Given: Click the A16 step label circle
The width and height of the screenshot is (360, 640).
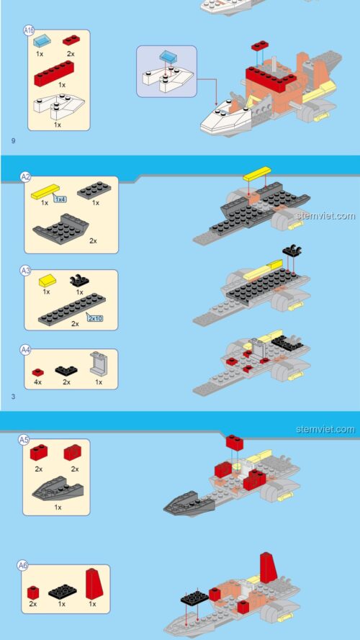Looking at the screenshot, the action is coord(29,30).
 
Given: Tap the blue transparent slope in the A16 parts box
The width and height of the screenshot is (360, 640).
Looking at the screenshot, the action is coord(40,41).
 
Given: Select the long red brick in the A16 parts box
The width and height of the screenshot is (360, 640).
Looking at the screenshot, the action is coord(54,73).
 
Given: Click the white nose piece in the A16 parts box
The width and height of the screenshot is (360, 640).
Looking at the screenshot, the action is coord(58,106).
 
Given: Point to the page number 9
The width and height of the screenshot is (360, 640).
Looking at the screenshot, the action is coord(13,141).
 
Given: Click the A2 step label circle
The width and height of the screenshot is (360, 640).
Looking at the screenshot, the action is coord(26,176).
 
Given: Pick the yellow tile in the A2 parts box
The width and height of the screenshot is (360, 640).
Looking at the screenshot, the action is coord(45,191).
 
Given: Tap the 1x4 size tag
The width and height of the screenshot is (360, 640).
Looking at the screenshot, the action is coord(60,199).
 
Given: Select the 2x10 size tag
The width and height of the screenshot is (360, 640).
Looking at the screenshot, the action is coord(94,317).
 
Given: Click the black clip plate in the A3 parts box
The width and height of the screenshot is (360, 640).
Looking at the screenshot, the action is coord(79,281).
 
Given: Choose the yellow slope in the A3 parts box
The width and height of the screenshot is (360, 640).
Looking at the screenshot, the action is coord(48,281).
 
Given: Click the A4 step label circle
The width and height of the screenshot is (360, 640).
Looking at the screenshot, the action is coord(26,350).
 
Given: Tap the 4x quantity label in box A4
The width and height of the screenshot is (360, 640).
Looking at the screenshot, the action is coord(38,382).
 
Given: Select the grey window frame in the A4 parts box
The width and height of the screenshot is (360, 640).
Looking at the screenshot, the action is coord(99,363).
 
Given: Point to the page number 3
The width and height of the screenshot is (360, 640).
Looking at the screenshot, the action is coord(13,397).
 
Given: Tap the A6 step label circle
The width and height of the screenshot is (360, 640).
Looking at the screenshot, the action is coord(23,565).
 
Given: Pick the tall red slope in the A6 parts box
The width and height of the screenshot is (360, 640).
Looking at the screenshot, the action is coord(94,584).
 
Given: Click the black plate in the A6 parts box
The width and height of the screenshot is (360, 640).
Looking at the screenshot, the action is coord(62,592).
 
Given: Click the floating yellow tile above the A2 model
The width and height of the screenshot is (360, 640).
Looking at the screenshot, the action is coord(257,173).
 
